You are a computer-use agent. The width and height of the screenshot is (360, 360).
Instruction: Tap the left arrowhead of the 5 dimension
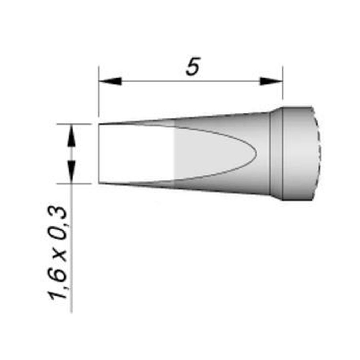(x=110, y=81)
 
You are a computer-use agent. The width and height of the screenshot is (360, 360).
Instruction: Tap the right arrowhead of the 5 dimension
(x=271, y=81)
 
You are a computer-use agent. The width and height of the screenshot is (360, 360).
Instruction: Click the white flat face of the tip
(x=137, y=153)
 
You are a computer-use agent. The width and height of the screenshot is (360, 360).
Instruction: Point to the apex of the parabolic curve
(x=256, y=153)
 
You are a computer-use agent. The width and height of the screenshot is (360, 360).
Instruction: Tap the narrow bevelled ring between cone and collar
(x=276, y=153)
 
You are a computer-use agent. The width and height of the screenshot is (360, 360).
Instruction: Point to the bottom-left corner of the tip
(x=99, y=183)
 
